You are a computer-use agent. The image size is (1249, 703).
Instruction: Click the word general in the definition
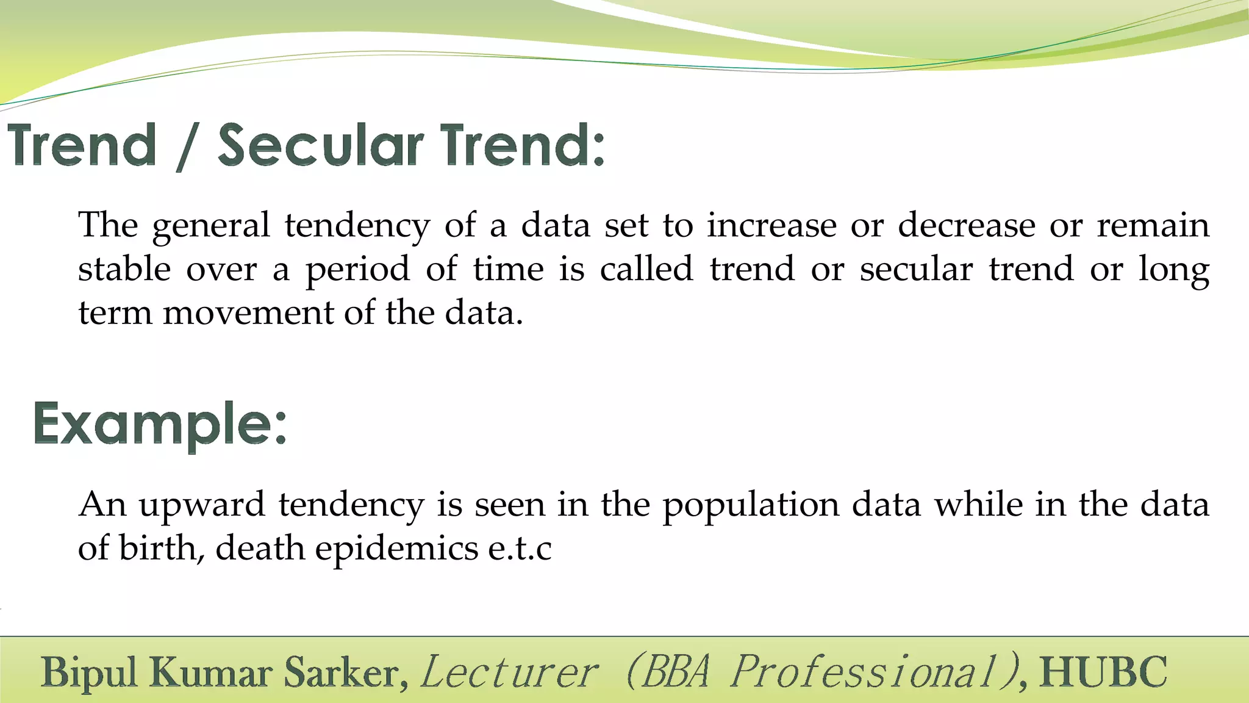point(210,226)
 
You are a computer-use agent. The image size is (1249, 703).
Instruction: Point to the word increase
point(771,225)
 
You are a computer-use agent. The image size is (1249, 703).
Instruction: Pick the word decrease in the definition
point(966,225)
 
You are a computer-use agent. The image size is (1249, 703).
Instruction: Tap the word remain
point(1153,225)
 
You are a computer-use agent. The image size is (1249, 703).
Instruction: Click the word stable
point(124,269)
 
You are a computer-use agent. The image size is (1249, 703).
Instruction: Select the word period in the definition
point(357,270)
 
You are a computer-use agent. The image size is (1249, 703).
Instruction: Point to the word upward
point(201,505)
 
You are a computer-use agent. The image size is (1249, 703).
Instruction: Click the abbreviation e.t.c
point(520,549)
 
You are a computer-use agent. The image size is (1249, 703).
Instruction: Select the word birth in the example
point(157,547)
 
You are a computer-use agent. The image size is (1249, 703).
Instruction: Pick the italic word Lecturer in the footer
point(509,672)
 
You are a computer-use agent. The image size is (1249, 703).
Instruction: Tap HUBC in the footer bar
point(1103,672)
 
